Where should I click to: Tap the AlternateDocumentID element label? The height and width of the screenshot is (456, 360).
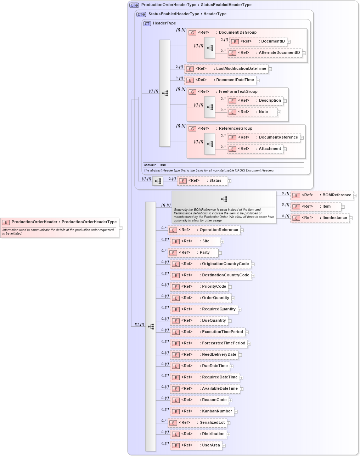279,53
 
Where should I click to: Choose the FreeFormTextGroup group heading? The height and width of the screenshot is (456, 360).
238,92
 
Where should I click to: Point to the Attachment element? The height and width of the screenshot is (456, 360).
255,149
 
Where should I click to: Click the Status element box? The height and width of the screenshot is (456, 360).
202,181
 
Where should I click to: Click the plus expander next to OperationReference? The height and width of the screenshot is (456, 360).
242,230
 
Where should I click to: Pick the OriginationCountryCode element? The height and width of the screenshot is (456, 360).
210,264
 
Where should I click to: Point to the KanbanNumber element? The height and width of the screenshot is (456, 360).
202,411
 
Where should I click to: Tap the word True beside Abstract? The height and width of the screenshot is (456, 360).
162,165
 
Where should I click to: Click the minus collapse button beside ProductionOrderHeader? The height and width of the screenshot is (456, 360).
120,228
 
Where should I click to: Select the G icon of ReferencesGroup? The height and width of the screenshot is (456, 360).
192,129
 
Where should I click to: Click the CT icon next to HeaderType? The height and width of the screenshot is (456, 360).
147,23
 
